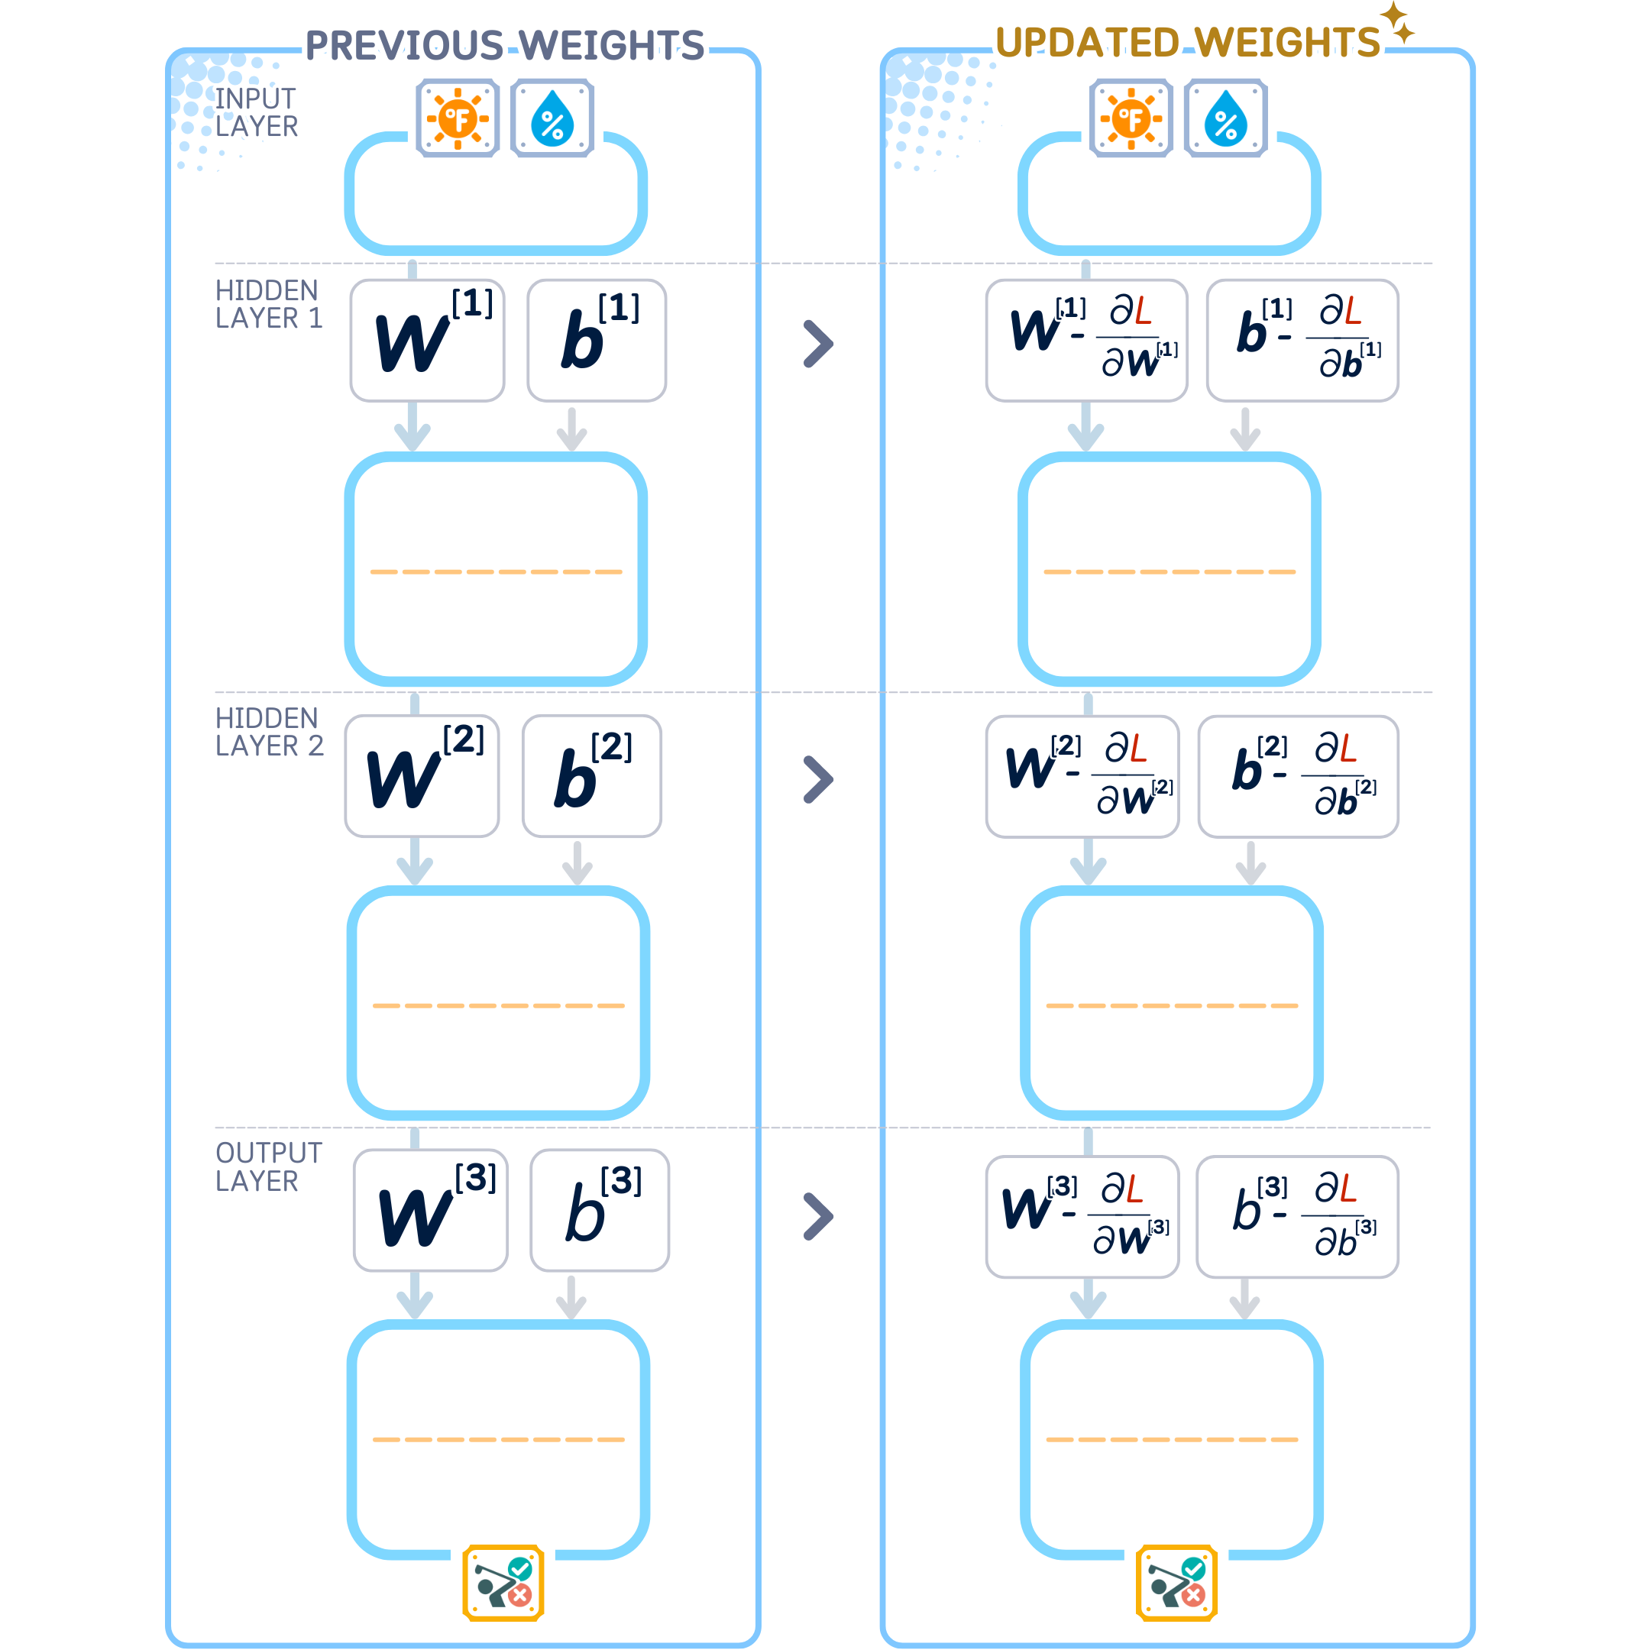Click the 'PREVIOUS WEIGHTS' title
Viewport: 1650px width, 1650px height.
tap(505, 45)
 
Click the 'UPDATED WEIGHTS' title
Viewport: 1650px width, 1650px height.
tap(1187, 43)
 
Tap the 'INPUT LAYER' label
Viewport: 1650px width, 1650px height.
tap(256, 112)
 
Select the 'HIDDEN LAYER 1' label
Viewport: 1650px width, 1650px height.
tap(269, 304)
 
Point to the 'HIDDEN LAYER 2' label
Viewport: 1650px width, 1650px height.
tap(269, 732)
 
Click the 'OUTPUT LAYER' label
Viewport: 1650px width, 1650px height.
tap(269, 1166)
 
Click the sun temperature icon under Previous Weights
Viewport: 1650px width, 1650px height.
tap(458, 118)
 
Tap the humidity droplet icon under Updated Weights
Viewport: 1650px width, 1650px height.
tap(1225, 118)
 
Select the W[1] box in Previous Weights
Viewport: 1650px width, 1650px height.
tap(427, 340)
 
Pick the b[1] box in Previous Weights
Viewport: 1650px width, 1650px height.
tap(597, 340)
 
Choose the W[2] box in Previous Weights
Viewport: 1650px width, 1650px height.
tap(422, 775)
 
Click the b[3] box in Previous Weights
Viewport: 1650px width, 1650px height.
tap(600, 1210)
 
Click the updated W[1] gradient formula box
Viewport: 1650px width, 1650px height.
tap(1086, 340)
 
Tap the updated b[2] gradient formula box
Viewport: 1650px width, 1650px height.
tap(1298, 776)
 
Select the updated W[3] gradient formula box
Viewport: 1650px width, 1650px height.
tap(1082, 1217)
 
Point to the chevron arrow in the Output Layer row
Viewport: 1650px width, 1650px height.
tap(818, 1216)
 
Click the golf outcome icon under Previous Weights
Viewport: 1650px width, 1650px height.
tap(503, 1583)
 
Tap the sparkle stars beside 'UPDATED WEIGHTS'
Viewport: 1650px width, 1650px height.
tap(1397, 22)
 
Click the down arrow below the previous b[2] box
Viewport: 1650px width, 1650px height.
tap(577, 863)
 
